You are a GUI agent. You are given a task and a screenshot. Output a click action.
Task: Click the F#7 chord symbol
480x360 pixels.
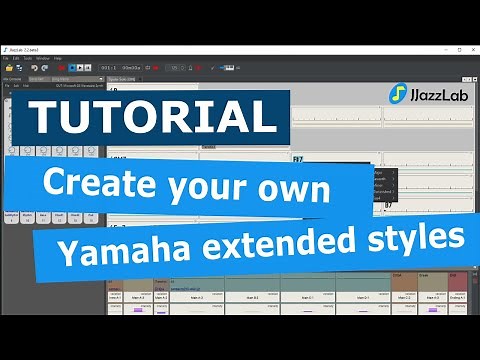(x=298, y=159)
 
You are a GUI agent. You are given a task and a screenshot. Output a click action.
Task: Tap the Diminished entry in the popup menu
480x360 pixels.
(x=382, y=190)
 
